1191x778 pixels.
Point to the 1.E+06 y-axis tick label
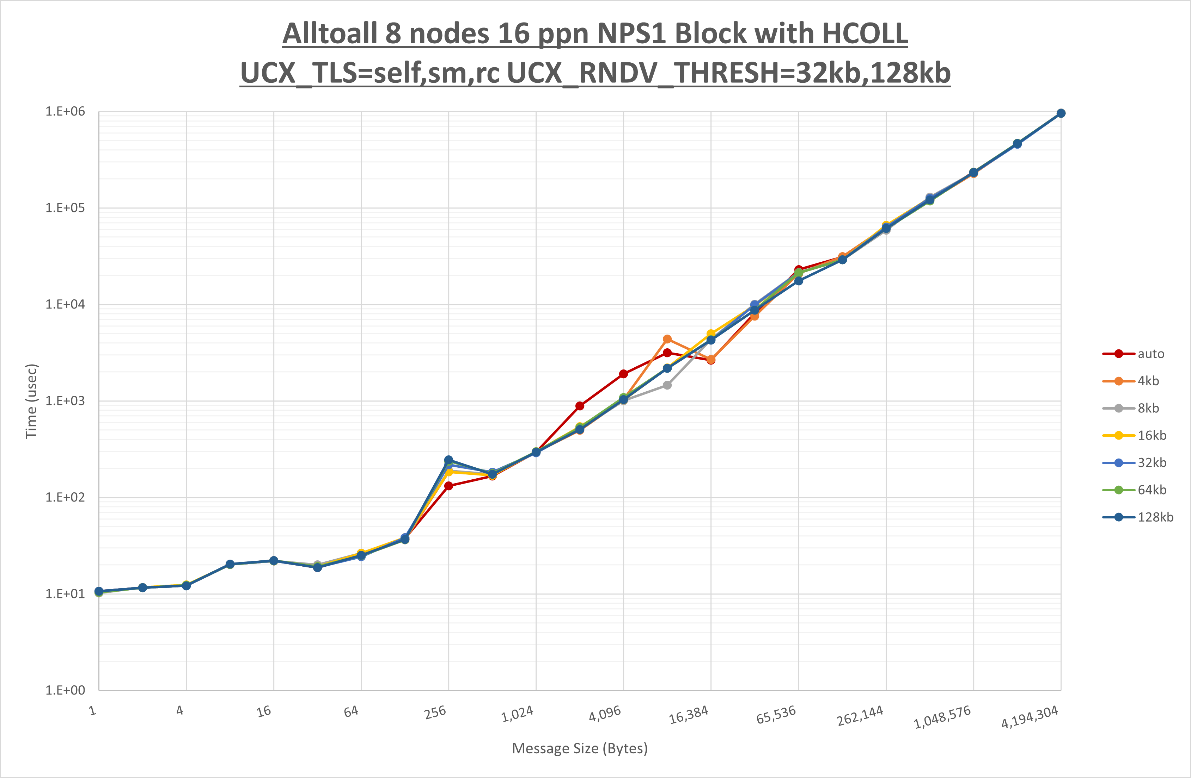(65, 112)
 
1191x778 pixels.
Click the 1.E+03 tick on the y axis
(65, 401)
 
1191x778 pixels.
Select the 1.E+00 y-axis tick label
(65, 691)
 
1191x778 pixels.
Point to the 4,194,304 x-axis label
(1030, 717)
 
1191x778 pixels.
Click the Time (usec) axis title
(31, 401)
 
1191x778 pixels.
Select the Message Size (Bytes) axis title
(580, 748)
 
